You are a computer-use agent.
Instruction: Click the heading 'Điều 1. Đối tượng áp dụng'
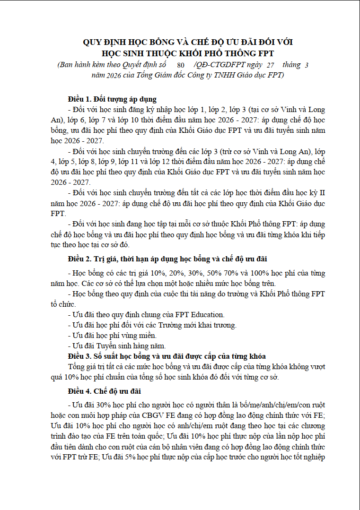pos(112,99)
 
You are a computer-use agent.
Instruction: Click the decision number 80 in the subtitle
pos(181,65)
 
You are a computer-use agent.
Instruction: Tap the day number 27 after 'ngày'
pos(271,65)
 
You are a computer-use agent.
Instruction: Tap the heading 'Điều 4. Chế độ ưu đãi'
pos(104,391)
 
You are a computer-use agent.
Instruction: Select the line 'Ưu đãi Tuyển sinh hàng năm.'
pos(117,346)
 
